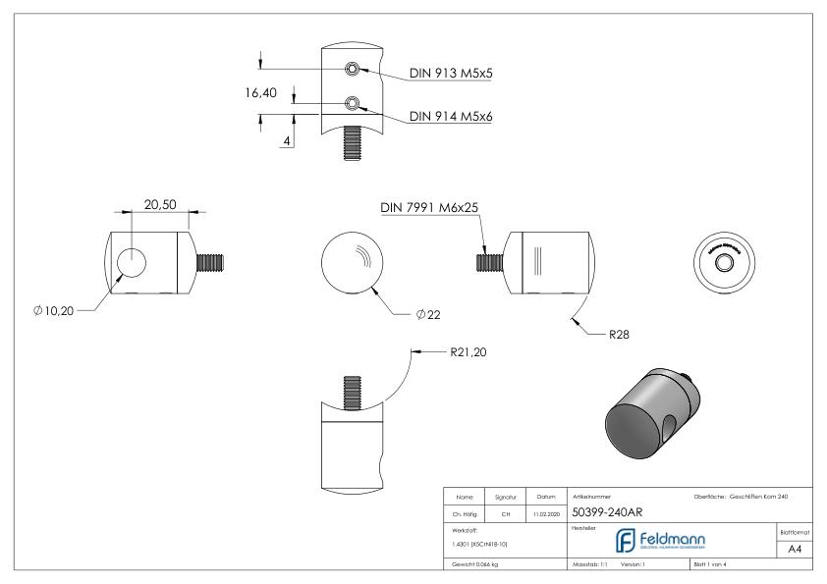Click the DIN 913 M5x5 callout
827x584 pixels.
click(464, 72)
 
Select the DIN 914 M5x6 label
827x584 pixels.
click(464, 117)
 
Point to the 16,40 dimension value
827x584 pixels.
click(263, 93)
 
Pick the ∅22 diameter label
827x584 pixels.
click(426, 313)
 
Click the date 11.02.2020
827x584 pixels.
click(547, 512)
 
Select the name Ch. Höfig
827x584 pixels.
click(466, 512)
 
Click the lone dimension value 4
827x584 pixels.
click(287, 141)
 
